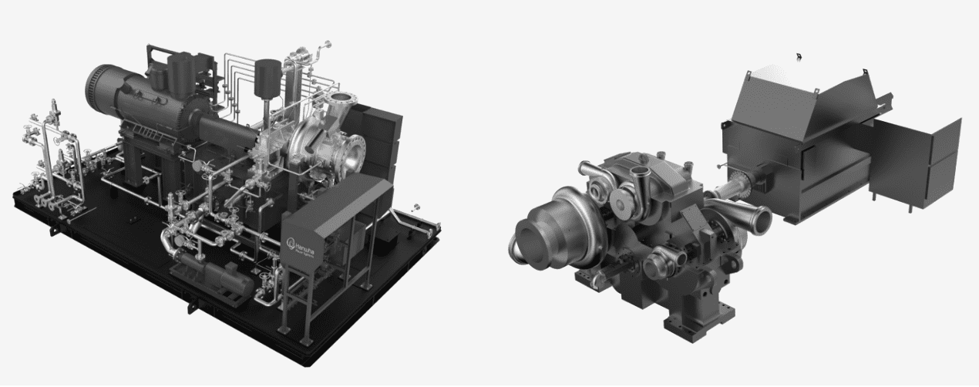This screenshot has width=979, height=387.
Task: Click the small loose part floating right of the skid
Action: [417, 207]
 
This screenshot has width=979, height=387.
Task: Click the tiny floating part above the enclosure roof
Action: [799, 56]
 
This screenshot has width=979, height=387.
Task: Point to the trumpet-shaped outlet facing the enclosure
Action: [751, 216]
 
